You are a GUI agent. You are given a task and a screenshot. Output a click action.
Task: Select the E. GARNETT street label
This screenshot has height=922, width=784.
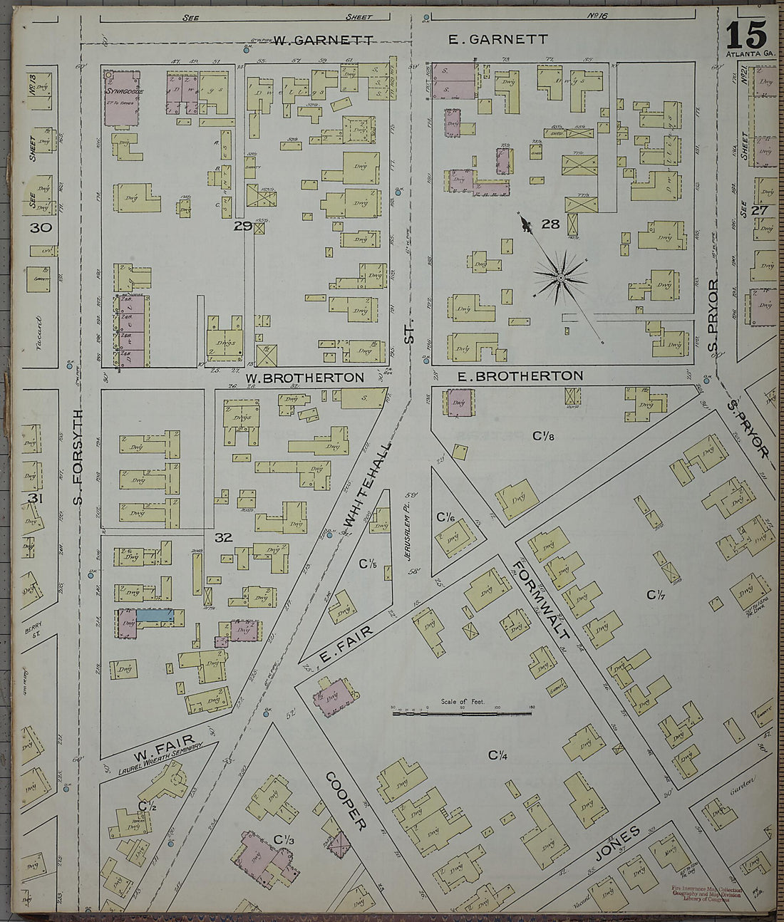[x=498, y=40]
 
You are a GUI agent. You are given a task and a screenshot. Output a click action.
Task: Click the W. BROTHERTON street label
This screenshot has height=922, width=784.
[x=305, y=377]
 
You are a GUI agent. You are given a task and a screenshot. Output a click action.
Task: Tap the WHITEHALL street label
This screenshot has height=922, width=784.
[x=368, y=485]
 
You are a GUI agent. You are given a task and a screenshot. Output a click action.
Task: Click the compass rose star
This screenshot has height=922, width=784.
[x=561, y=276]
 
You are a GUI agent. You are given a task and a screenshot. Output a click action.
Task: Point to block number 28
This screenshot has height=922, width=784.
[x=550, y=224]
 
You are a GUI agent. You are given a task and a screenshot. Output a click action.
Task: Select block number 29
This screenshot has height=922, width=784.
[x=242, y=227]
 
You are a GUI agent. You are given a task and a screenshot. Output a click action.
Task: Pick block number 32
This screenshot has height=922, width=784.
[x=224, y=537]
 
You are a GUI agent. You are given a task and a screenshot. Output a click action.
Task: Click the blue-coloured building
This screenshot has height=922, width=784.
[x=155, y=613]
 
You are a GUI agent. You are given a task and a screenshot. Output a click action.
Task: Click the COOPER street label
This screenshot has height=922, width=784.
[x=347, y=800]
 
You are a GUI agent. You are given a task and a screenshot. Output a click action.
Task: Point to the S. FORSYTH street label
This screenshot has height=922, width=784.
[x=78, y=458]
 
